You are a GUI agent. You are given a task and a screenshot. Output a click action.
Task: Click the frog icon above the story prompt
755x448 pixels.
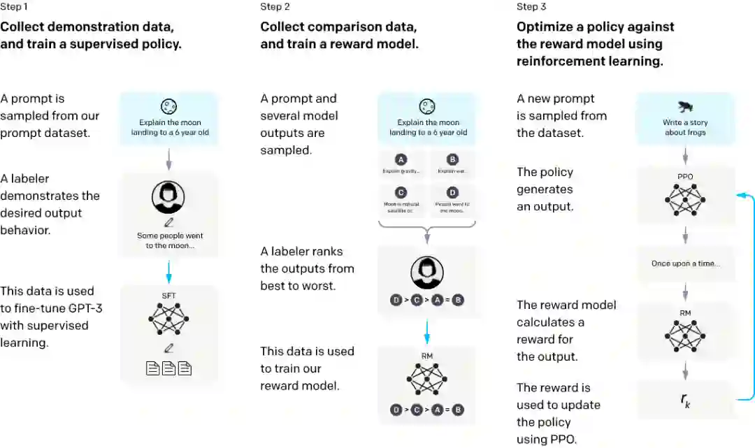coord(684,106)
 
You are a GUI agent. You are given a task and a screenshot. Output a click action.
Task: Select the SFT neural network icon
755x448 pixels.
coord(168,319)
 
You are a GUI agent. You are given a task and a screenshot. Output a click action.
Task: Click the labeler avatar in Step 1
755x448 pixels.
coord(168,198)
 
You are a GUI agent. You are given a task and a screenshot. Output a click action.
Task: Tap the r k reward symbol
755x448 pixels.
coord(685,400)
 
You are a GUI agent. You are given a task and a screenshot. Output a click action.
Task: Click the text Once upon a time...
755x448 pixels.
coord(684,263)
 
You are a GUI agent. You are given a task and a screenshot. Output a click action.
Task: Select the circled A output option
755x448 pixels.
coord(401,159)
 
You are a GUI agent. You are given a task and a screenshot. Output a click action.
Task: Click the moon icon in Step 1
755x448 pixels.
coord(168,107)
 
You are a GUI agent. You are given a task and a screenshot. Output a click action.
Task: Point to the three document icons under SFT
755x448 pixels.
coord(168,368)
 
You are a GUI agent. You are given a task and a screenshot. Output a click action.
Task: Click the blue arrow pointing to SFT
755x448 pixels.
coord(168,271)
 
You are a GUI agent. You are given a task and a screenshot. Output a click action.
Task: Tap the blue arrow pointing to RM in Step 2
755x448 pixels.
coord(426,329)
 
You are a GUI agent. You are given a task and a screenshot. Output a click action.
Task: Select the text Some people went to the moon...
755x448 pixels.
coord(170,240)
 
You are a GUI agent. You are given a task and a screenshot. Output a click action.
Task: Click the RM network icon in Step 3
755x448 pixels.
coord(685,333)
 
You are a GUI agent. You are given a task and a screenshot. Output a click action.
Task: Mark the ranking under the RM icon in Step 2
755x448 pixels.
coord(426,410)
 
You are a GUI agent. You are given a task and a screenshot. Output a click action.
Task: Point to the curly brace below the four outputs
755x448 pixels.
coord(426,227)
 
